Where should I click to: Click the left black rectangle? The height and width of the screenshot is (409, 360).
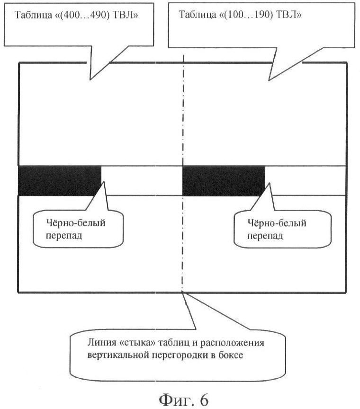coord(59,180)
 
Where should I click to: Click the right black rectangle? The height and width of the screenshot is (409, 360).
coord(223,180)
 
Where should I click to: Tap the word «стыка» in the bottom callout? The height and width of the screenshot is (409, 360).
coord(129,343)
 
